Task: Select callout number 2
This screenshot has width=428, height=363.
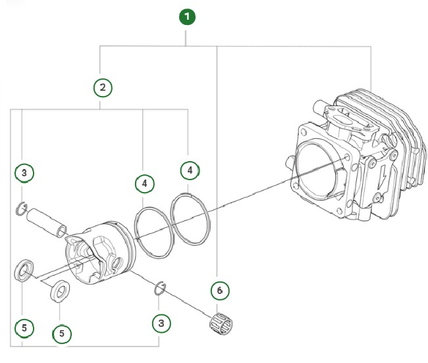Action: tap(101, 87)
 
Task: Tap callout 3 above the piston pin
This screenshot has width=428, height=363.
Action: tap(24, 173)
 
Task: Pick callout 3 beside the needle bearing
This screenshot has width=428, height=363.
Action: tap(160, 323)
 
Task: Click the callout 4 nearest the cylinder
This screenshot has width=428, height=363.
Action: tap(190, 170)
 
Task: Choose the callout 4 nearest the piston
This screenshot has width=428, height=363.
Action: tap(144, 183)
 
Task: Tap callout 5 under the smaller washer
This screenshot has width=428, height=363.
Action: tap(61, 333)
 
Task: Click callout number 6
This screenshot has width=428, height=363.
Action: tap(220, 289)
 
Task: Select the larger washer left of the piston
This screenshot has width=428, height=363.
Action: tap(25, 270)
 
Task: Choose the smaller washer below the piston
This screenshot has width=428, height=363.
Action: tap(62, 290)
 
